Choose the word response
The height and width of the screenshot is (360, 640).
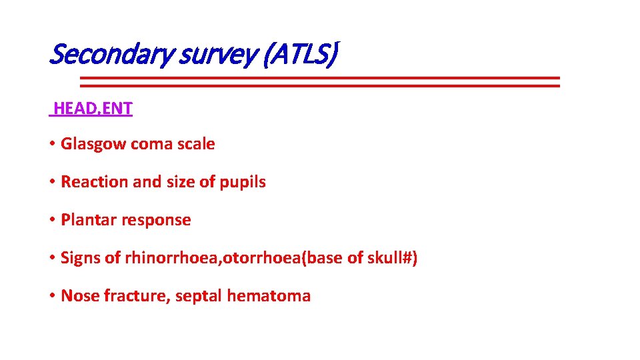pos(155,221)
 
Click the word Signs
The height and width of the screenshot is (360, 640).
pos(81,258)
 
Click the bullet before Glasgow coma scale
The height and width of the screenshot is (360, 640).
pos(52,145)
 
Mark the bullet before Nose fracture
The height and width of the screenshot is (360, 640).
pos(52,297)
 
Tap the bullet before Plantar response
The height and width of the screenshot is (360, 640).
pos(52,221)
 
